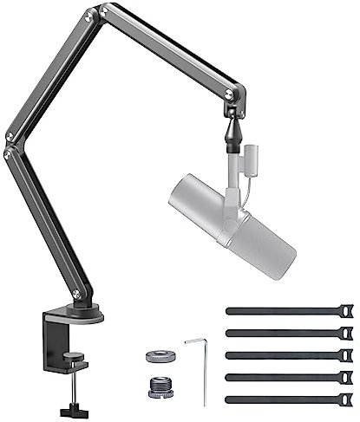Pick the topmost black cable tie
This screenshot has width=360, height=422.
point(286,310)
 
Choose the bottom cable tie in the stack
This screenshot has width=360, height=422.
point(286,399)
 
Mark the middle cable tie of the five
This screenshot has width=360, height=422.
point(286,354)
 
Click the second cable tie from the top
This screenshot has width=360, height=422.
point(286,333)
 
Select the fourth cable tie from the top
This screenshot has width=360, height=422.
point(286,377)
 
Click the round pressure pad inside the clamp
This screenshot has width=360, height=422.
point(73,355)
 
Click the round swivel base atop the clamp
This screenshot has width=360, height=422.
point(82,315)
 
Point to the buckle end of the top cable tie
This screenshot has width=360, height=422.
point(344,309)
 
